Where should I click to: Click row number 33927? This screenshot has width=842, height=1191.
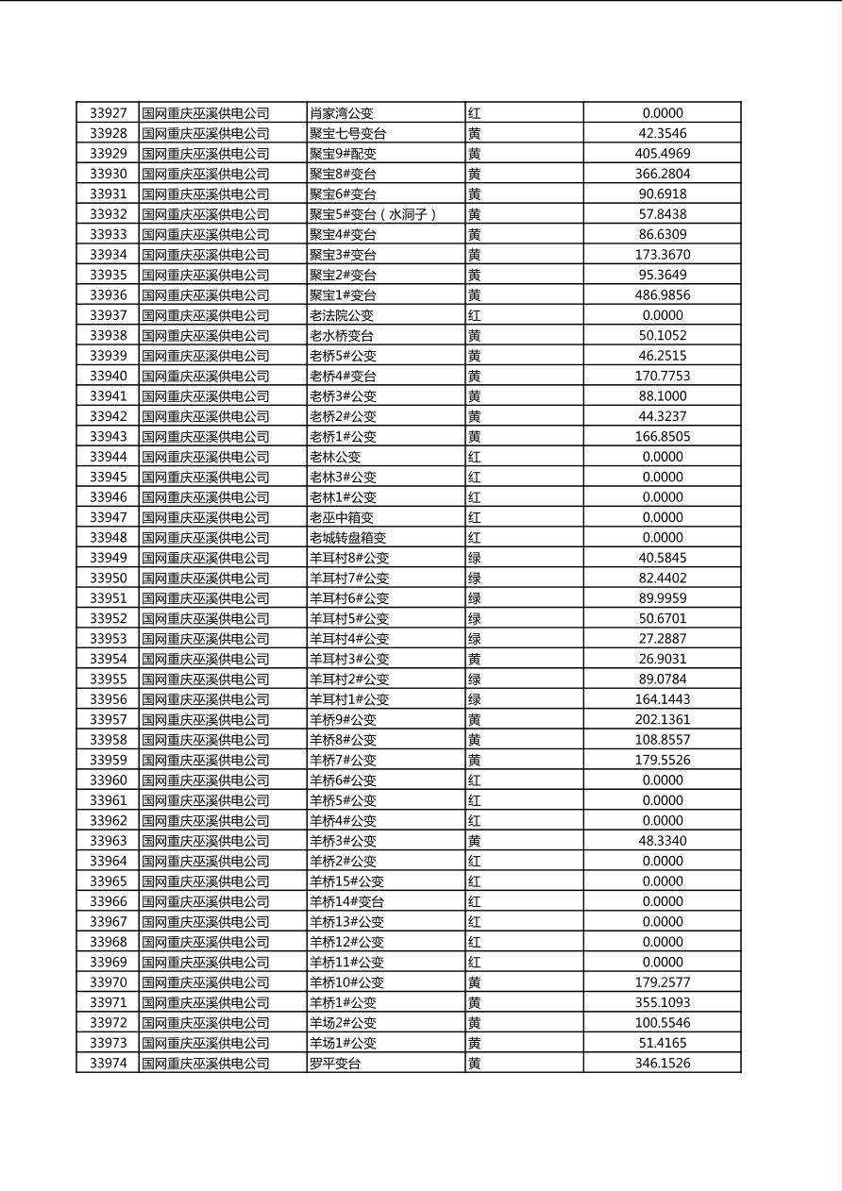tap(108, 113)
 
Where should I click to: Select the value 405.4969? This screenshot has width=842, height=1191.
tap(662, 154)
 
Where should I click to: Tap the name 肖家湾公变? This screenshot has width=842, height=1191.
tap(342, 113)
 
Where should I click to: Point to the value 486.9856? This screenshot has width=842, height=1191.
tap(662, 295)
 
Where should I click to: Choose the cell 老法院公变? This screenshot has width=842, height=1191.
tap(342, 315)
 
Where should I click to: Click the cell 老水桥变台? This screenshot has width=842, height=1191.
tap(342, 336)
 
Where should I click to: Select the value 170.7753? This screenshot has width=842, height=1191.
tap(662, 376)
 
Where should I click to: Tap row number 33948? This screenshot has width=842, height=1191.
tap(108, 538)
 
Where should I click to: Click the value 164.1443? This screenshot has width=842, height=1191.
tap(662, 699)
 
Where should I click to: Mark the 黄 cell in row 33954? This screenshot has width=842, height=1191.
tap(474, 659)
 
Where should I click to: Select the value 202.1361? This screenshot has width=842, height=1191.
tap(662, 719)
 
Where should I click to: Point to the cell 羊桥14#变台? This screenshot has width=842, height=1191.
tap(346, 901)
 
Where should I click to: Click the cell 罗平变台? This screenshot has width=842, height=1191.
tap(335, 1064)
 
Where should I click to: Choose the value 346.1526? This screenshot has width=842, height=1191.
tap(662, 1064)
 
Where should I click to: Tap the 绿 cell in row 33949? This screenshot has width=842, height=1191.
tap(474, 558)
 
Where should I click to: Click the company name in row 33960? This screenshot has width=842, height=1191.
tap(205, 780)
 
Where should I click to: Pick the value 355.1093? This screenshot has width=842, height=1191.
tap(662, 1002)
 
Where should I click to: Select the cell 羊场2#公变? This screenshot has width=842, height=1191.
tap(343, 1023)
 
